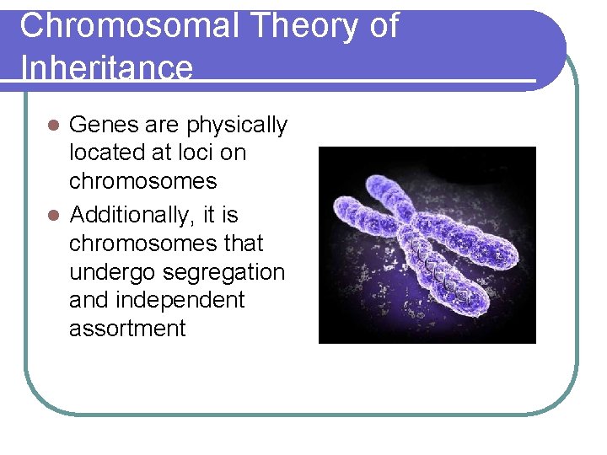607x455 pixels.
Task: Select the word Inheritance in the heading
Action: (x=106, y=67)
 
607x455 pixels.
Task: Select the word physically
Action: (x=237, y=126)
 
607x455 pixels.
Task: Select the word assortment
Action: (x=126, y=328)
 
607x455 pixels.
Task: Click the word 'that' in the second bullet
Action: (x=243, y=244)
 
